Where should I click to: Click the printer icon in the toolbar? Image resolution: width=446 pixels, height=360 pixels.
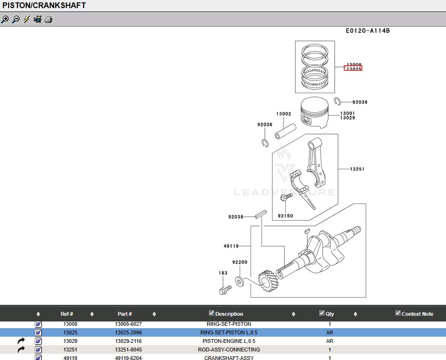[48, 19]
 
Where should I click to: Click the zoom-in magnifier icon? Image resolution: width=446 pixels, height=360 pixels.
[5, 19]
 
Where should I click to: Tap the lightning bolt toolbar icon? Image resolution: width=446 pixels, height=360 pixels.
[27, 19]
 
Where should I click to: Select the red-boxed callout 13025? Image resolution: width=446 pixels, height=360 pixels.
[353, 69]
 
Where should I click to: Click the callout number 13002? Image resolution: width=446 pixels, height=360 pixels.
[283, 114]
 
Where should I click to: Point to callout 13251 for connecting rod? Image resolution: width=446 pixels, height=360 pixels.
[357, 169]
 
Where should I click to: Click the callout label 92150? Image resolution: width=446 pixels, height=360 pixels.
[285, 216]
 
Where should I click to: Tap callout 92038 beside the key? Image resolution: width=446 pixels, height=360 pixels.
[235, 217]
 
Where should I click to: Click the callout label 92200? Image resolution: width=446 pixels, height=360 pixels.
[240, 262]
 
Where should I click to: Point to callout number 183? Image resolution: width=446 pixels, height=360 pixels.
[223, 273]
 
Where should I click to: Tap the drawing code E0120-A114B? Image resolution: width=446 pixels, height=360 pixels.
[368, 31]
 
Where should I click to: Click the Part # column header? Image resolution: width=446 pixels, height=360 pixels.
[125, 314]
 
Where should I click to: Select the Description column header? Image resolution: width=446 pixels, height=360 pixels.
[229, 314]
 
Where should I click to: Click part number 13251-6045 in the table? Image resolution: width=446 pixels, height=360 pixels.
[128, 350]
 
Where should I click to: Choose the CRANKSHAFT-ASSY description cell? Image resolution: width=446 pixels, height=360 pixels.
[229, 358]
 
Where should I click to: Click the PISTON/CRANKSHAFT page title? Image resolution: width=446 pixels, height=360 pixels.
[44, 6]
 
